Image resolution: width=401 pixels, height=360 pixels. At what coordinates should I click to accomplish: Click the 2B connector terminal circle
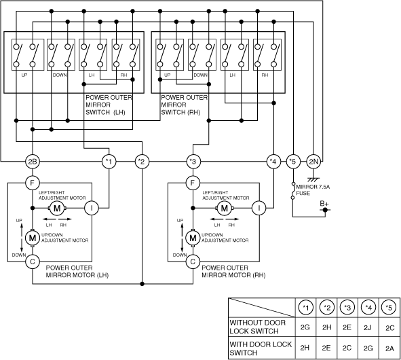click(x=33, y=162)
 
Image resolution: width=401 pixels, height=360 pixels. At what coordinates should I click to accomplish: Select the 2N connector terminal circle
click(x=313, y=162)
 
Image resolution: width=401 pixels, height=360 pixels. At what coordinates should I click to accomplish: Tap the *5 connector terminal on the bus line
click(x=293, y=162)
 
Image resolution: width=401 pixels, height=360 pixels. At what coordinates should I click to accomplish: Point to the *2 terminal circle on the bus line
click(x=142, y=162)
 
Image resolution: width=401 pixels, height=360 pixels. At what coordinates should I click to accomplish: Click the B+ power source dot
click(x=325, y=210)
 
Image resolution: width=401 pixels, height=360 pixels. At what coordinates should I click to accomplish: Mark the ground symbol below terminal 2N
click(x=313, y=179)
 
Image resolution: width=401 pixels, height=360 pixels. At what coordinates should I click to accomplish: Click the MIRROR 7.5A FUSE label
click(x=313, y=190)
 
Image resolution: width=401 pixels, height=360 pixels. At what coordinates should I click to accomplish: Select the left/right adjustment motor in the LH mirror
click(x=57, y=208)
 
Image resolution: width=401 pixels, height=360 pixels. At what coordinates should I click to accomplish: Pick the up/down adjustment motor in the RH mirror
click(x=193, y=238)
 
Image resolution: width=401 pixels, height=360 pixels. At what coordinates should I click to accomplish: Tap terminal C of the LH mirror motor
click(x=33, y=262)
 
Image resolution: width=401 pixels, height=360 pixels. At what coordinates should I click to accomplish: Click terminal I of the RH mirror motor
click(x=259, y=208)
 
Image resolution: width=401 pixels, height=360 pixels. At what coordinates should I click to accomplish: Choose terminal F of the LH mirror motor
click(x=33, y=183)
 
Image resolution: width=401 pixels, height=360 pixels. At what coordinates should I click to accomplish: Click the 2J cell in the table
click(x=368, y=327)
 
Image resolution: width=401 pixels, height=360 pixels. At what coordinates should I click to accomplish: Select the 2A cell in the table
click(x=389, y=348)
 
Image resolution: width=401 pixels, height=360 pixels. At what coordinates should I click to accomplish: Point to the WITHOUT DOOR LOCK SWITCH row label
click(x=258, y=327)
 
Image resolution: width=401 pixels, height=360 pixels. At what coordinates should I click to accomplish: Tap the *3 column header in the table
click(x=347, y=307)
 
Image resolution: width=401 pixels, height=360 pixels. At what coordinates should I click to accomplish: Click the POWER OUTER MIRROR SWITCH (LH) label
click(x=109, y=105)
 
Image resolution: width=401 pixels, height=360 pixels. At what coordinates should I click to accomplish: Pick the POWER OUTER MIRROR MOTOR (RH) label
click(x=233, y=272)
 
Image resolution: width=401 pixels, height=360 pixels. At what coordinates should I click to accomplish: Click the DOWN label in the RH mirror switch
click(x=201, y=75)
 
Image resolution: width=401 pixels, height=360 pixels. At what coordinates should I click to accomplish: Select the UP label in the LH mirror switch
click(x=24, y=75)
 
